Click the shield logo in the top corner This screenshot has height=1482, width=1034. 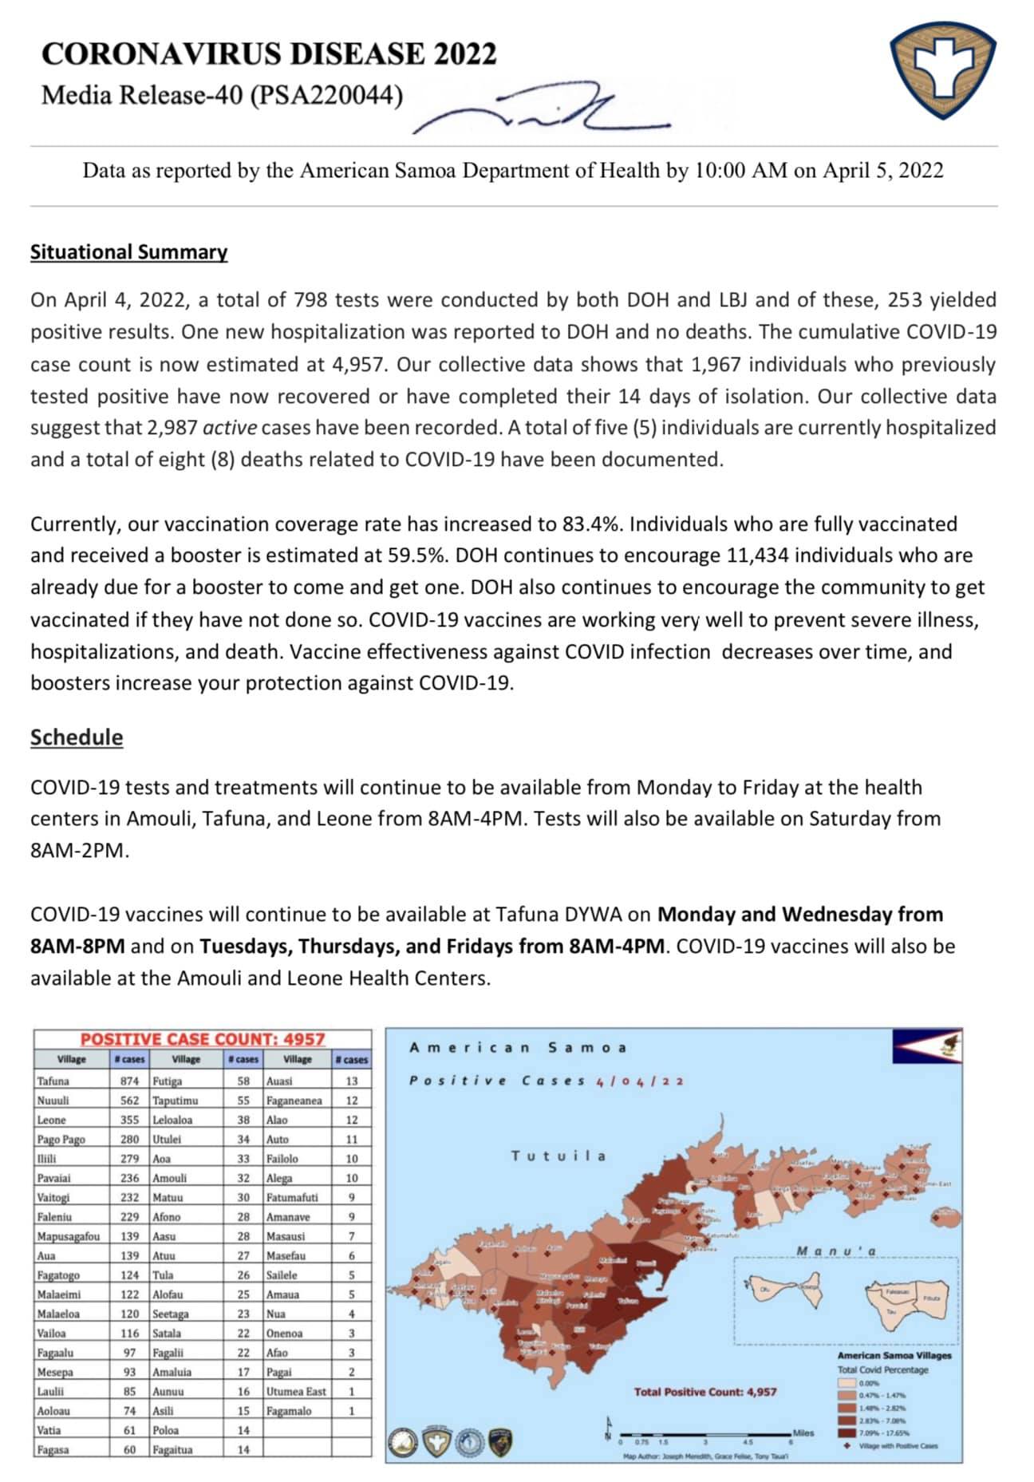942,70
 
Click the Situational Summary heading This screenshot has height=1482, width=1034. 128,252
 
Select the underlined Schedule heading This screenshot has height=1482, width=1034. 77,737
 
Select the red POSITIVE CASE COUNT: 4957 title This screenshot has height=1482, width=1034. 203,1039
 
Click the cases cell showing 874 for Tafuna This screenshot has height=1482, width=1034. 128,1081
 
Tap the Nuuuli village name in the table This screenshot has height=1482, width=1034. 53,1101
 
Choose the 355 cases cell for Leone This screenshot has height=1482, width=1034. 128,1120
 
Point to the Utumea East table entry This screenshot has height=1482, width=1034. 296,1391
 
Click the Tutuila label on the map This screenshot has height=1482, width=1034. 558,1156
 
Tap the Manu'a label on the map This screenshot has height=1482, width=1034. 835,1251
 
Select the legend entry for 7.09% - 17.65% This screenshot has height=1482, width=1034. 883,1433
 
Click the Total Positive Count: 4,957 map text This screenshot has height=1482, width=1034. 704,1392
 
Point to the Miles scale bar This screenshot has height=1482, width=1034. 706,1434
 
